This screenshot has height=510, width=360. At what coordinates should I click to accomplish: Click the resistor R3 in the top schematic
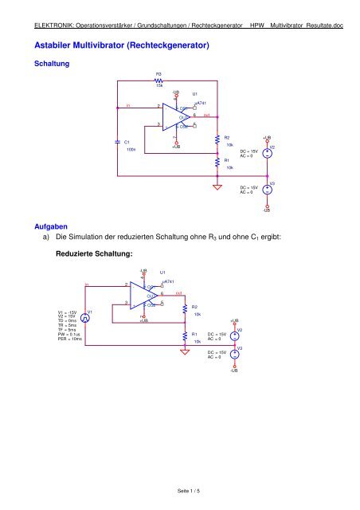pyautogui.click(x=159, y=80)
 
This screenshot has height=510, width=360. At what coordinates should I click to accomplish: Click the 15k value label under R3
pyautogui.click(x=159, y=86)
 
